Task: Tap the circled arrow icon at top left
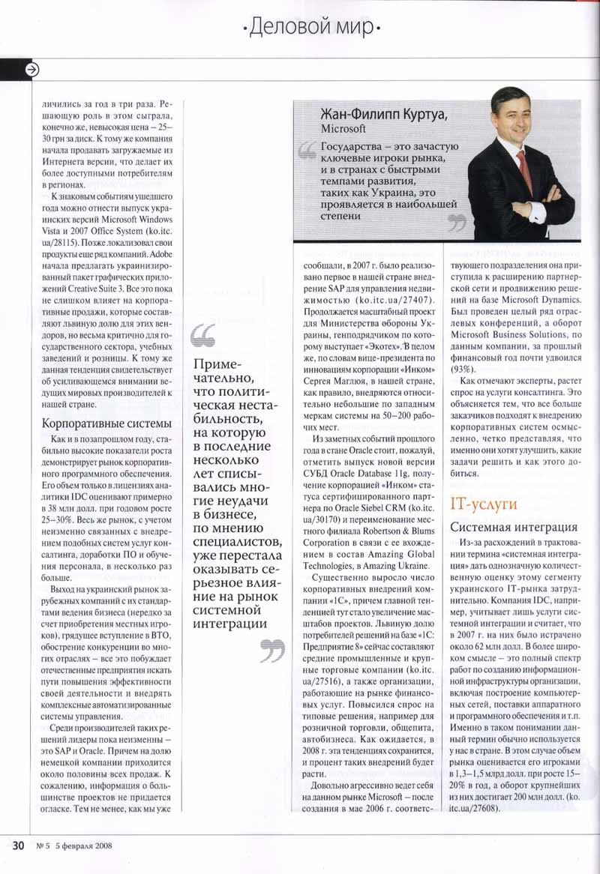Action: [32, 70]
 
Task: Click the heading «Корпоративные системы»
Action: [100, 424]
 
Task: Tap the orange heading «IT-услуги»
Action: [483, 504]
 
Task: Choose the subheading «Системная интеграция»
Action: [514, 527]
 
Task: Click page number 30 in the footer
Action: [19, 846]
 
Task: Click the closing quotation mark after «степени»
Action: [456, 222]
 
